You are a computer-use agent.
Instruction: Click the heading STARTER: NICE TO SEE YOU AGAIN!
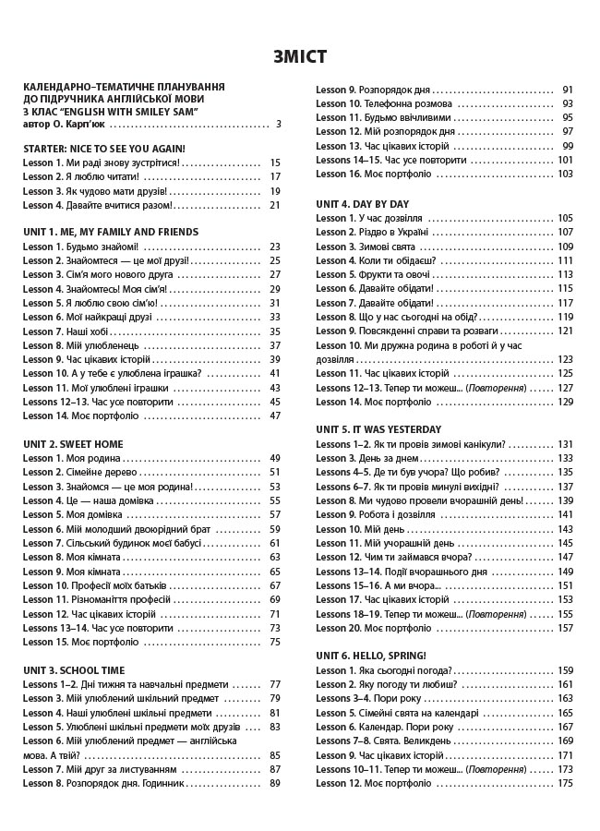coord(103,148)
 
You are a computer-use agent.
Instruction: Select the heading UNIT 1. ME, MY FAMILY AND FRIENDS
coord(110,232)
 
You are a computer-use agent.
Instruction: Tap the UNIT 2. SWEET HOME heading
coord(73,444)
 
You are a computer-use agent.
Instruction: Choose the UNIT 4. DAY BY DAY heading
coord(362,203)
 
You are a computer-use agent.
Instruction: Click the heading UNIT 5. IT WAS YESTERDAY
coord(378,429)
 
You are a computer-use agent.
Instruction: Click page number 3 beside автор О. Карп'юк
coord(278,124)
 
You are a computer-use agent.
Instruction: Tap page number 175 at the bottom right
coord(565,783)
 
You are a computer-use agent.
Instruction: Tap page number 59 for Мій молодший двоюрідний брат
coord(274,529)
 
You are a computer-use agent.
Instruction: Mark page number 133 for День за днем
coord(565,458)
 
